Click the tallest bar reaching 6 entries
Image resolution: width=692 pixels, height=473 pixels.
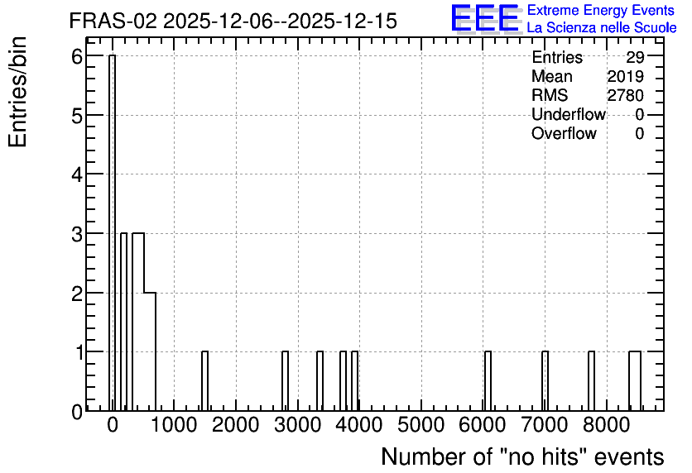point(112,232)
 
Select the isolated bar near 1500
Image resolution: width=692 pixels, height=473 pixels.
point(204,381)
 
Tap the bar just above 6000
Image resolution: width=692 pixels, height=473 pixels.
point(488,381)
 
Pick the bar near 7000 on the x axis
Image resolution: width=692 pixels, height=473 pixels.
point(545,381)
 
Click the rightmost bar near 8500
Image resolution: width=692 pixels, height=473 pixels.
point(635,381)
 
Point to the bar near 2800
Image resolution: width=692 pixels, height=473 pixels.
point(285,381)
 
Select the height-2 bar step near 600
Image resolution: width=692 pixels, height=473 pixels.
point(150,351)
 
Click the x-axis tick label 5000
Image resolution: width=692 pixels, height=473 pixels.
point(420,425)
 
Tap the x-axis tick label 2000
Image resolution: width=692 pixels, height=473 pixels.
point(235,425)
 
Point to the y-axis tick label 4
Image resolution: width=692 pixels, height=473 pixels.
point(77,175)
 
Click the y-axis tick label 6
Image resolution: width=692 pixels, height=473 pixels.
point(77,56)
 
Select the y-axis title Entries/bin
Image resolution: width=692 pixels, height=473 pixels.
point(17,93)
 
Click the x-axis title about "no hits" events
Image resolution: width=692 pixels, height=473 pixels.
point(522,456)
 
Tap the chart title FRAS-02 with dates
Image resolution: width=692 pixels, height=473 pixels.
point(233,21)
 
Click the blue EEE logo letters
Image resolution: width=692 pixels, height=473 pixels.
point(485,18)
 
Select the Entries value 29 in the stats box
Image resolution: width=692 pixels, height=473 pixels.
point(635,57)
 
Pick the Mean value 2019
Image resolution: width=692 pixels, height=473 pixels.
point(625,76)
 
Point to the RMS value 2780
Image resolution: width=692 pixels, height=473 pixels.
point(625,95)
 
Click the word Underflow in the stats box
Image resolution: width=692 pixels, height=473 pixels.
point(569,114)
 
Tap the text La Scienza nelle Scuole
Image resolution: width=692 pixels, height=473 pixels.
point(602,27)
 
